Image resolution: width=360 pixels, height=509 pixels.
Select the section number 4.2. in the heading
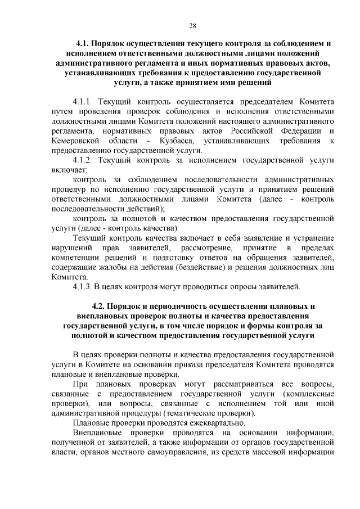point(91,305)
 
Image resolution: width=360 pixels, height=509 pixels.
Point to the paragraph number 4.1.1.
point(84,102)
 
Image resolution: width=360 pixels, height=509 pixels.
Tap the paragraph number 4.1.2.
point(84,160)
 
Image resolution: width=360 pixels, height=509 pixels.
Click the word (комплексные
point(309,394)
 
